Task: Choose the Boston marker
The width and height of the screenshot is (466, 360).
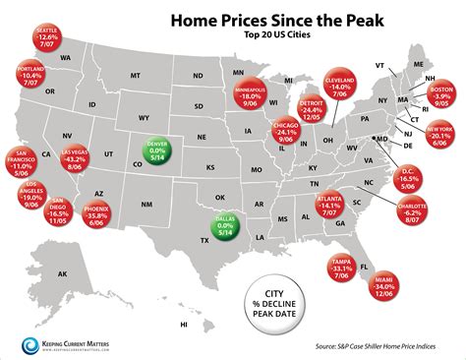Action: click(439, 95)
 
